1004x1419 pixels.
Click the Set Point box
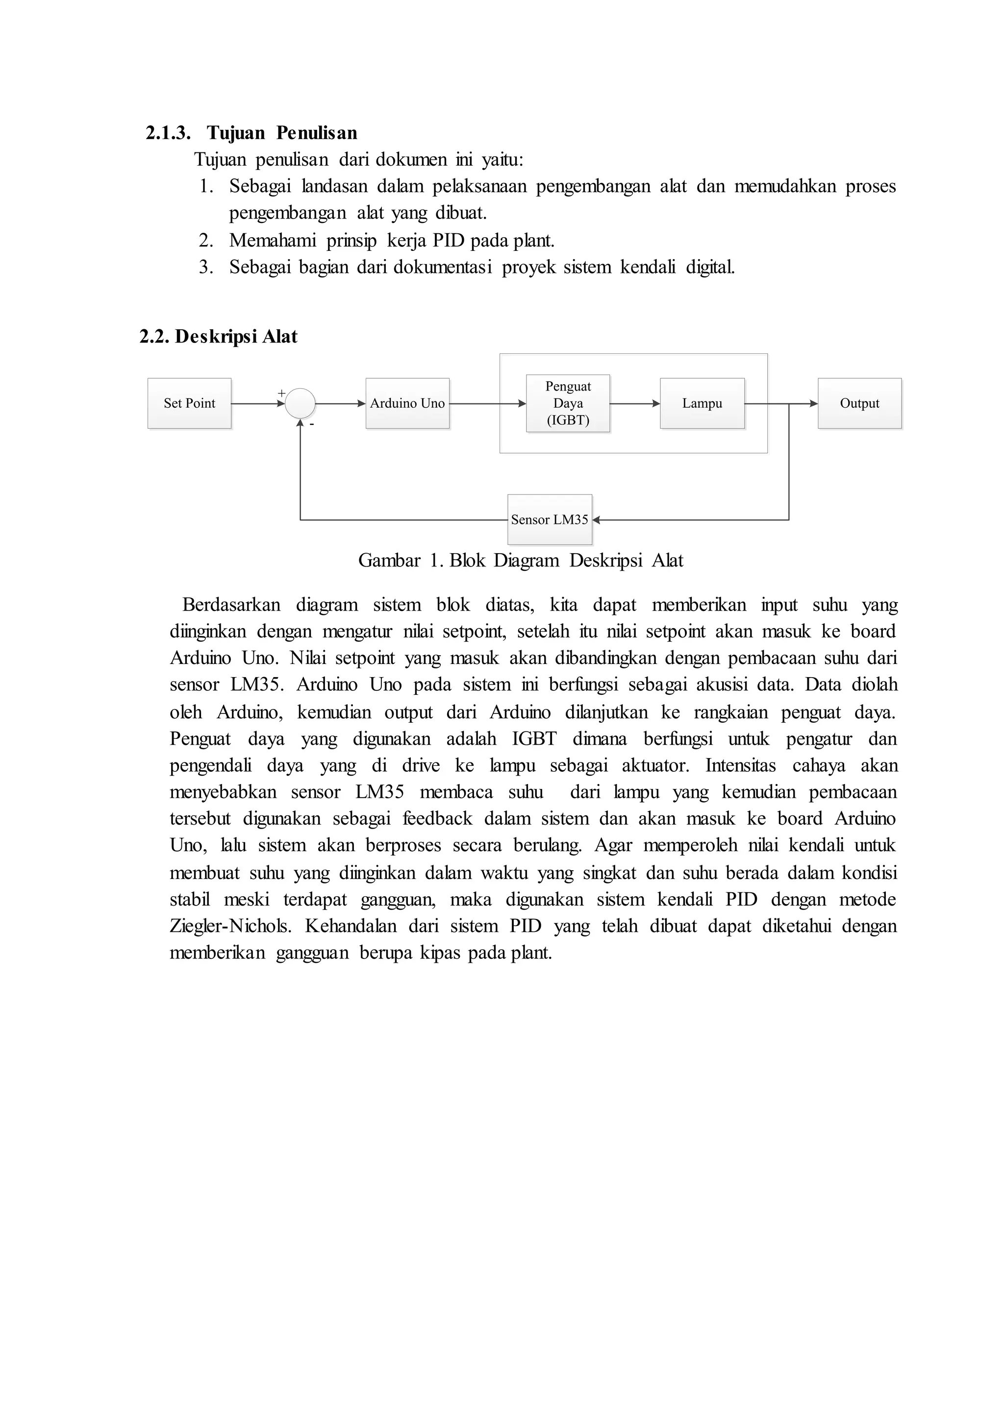189,404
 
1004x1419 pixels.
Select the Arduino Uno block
407,404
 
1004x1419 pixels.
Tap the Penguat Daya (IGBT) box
568,404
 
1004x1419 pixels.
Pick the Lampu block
703,404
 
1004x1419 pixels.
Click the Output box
859,404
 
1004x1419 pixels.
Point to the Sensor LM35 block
550,520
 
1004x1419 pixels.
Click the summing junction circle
301,404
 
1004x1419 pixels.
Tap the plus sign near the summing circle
281,393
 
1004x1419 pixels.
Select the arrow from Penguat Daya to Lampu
635,404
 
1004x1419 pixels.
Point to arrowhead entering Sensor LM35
597,520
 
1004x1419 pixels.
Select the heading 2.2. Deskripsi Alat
218,337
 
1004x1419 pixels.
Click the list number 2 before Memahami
205,241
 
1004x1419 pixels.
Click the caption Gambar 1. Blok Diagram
521,561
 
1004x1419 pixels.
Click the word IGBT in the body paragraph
534,739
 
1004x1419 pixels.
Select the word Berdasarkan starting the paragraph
231,605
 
